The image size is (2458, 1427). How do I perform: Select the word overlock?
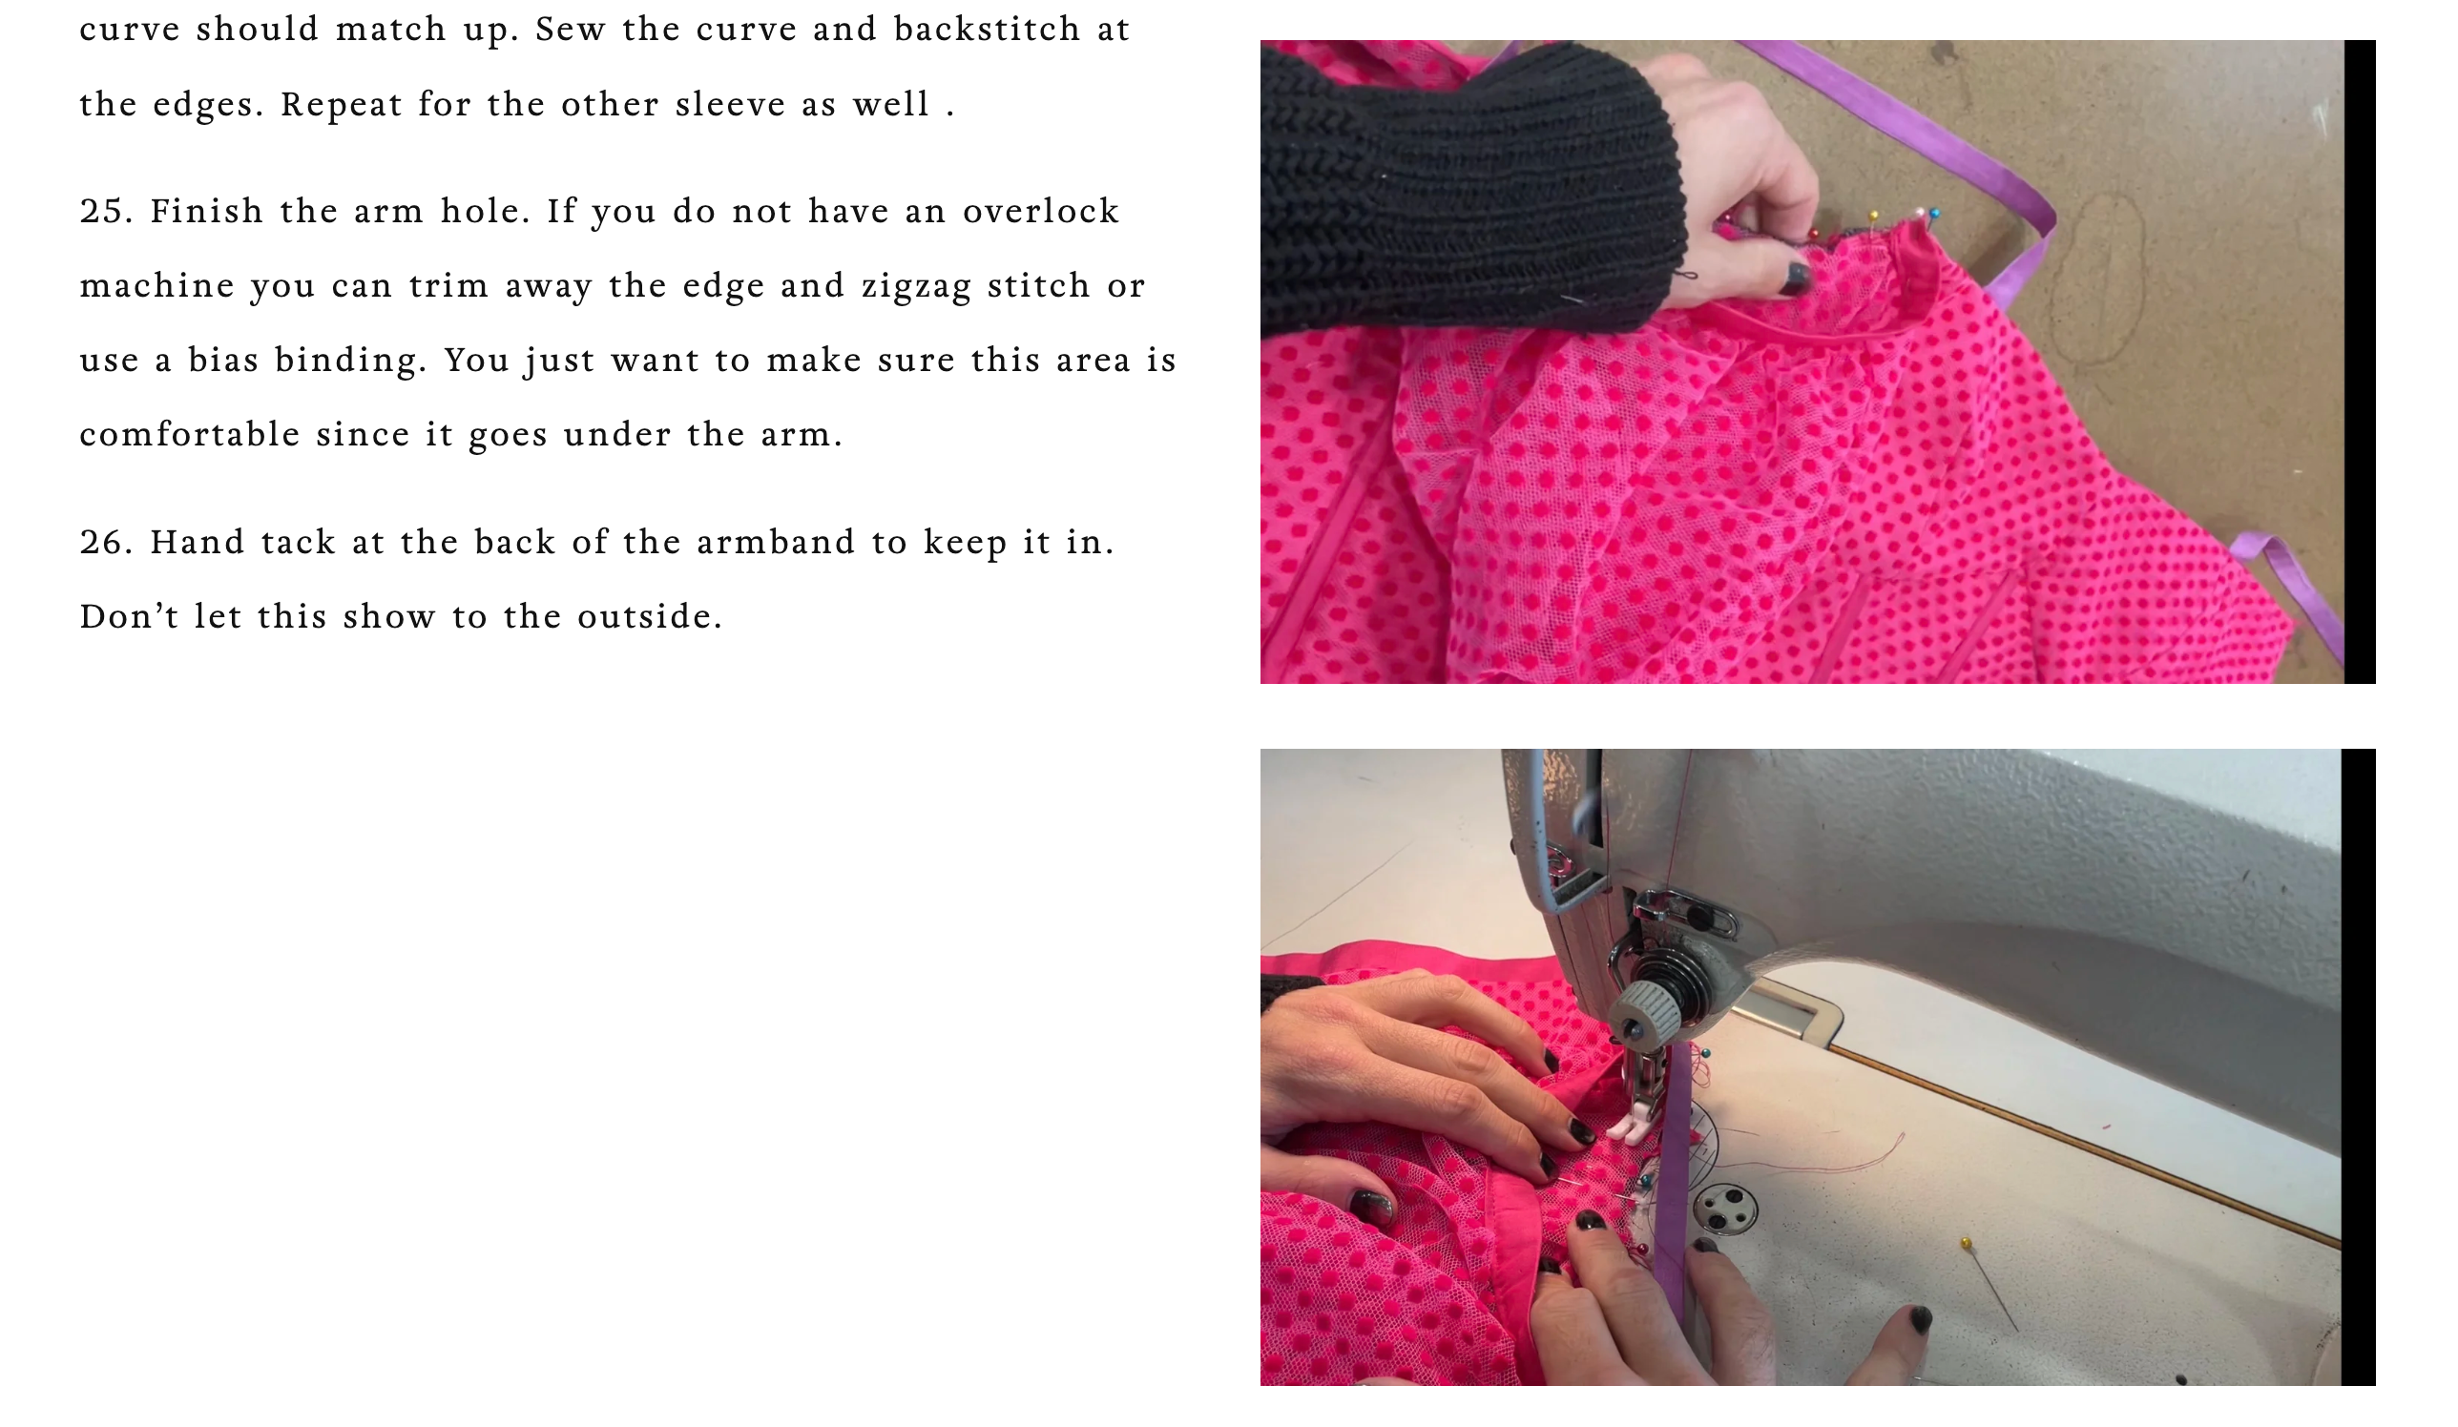pos(1041,212)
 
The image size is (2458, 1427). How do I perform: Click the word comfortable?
pos(190,434)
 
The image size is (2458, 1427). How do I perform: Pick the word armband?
pos(776,543)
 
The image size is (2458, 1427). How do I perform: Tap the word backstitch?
pos(987,30)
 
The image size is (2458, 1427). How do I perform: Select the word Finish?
pos(207,212)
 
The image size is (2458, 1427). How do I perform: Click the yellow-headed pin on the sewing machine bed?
pos(1966,1243)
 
